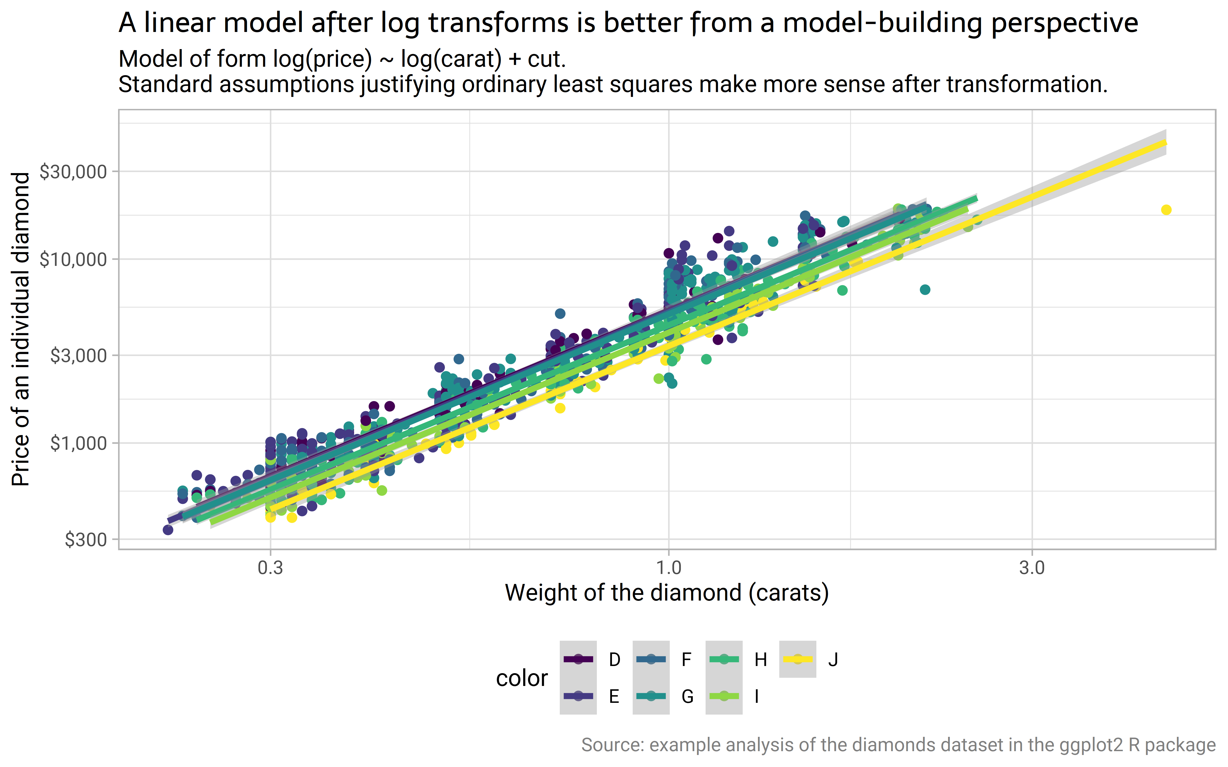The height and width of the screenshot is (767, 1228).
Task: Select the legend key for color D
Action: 578,659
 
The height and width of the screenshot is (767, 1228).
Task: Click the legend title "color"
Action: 522,678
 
